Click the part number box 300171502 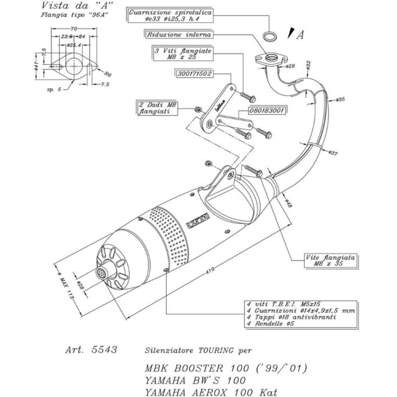195,74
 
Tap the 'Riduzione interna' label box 179,35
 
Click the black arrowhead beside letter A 288,34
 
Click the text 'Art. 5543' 91,349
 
